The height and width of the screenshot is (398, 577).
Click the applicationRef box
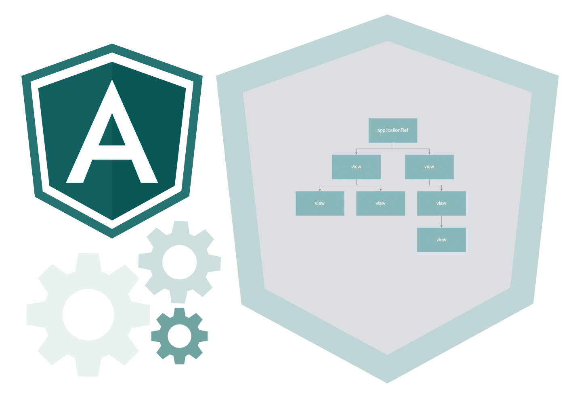click(392, 130)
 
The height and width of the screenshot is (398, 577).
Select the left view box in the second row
click(356, 167)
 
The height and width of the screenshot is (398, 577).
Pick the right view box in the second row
click(429, 167)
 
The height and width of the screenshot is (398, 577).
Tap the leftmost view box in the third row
click(320, 203)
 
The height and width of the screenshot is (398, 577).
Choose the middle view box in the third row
click(380, 203)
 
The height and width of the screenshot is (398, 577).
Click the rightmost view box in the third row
click(441, 203)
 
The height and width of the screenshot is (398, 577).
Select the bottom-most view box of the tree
click(441, 240)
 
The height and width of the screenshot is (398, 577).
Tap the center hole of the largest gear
click(88, 314)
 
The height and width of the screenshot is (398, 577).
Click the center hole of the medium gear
click(179, 262)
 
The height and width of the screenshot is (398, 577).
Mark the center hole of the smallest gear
click(179, 335)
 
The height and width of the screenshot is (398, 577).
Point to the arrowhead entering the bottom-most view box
click(441, 226)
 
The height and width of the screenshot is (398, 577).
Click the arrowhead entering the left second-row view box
click(356, 153)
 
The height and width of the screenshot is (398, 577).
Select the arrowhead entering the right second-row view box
click(429, 153)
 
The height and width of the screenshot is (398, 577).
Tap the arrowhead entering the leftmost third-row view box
click(320, 189)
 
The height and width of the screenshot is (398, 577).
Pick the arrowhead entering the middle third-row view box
click(380, 189)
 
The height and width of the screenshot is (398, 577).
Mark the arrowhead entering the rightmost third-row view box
click(441, 189)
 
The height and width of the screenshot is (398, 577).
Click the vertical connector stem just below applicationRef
click(392, 146)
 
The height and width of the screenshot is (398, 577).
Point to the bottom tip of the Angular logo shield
click(112, 237)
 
